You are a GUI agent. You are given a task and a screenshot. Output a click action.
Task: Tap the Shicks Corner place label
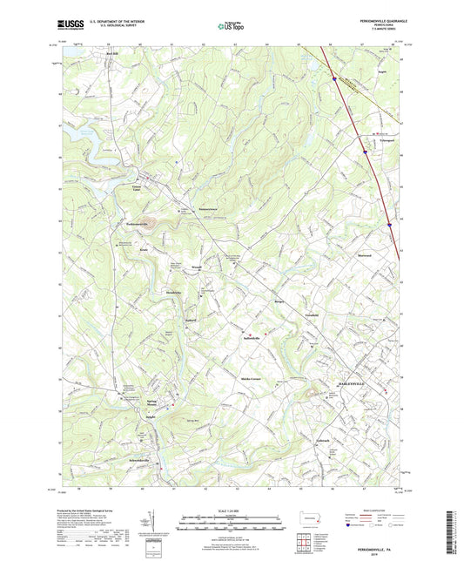click(x=252, y=381)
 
